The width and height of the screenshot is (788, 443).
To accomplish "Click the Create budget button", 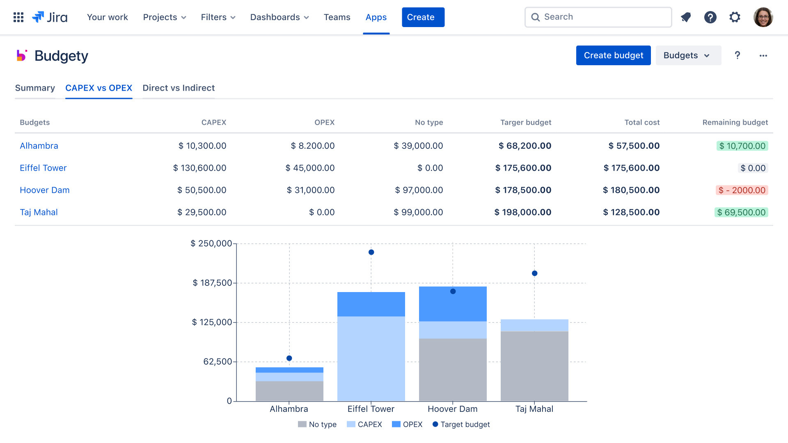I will coord(613,55).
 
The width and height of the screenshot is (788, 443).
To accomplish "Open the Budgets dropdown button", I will coord(688,55).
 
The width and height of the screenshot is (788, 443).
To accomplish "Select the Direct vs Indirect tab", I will coord(179,88).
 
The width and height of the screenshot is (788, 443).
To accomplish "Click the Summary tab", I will coord(35,88).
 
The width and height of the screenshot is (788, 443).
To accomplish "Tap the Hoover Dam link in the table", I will coord(45,190).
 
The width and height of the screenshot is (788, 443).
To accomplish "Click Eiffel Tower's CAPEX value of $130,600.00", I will coord(200,168).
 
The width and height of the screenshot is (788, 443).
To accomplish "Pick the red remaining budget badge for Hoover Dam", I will coord(742,190).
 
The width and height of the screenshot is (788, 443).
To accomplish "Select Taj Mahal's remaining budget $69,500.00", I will coord(741,212).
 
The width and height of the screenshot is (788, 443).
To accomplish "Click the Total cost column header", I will coord(642,122).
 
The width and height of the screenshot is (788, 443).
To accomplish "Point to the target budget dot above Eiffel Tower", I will coord(371,252).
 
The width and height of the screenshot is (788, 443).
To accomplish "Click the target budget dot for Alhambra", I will coord(289,358).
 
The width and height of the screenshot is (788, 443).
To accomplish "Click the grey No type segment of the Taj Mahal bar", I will coord(534,365).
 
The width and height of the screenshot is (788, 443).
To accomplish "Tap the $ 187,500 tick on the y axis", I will coord(212,283).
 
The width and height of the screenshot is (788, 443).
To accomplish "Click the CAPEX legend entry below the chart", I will coord(364,425).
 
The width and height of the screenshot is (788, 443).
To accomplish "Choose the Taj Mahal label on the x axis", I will coord(534,409).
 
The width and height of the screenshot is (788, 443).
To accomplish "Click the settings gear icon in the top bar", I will coord(735,17).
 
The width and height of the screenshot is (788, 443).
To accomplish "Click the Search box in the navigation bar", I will coord(598,17).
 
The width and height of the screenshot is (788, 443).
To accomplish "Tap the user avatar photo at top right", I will coord(763,17).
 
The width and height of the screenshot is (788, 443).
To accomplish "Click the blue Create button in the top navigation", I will coord(423,17).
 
